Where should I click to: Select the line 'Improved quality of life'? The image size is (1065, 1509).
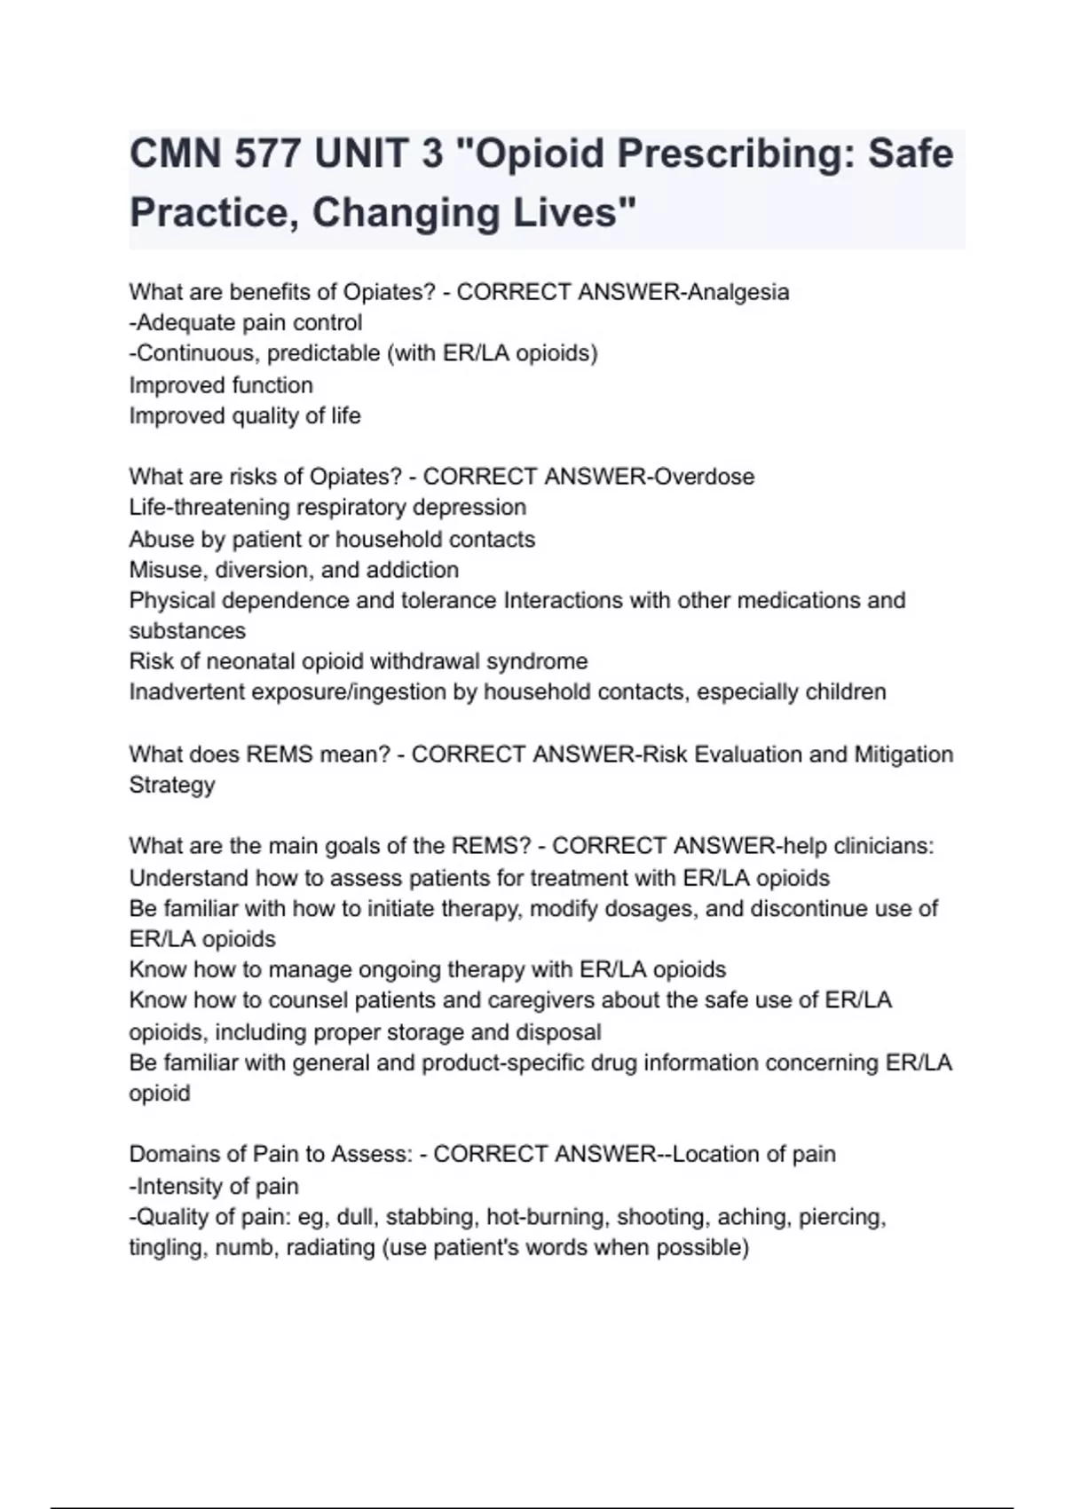[245, 415]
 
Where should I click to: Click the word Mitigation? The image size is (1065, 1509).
[903, 754]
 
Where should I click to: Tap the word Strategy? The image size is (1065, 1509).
[172, 786]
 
